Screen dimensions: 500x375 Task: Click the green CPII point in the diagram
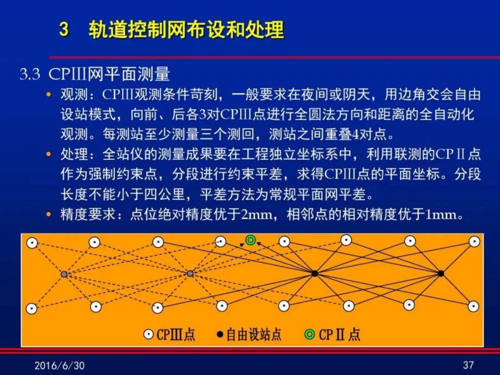coord(250,240)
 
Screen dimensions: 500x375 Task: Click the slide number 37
coord(469,365)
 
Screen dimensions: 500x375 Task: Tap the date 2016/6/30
coord(59,365)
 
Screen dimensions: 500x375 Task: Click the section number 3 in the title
coord(64,29)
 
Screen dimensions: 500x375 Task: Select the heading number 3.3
coord(30,74)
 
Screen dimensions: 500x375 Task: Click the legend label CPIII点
coord(176,335)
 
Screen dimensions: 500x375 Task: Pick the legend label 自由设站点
coord(254,335)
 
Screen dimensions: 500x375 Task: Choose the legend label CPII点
coord(339,335)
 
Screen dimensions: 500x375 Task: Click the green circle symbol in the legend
coord(310,335)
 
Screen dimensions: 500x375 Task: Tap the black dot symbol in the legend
coord(220,335)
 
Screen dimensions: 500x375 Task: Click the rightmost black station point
coord(441,273)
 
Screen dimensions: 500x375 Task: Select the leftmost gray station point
coord(64,274)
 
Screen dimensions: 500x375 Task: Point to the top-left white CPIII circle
coord(32,243)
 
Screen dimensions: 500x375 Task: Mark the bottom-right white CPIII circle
coord(474,306)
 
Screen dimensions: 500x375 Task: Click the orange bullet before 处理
coord(49,154)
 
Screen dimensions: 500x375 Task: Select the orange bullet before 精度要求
coord(49,214)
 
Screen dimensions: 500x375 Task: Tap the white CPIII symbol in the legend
coord(149,335)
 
